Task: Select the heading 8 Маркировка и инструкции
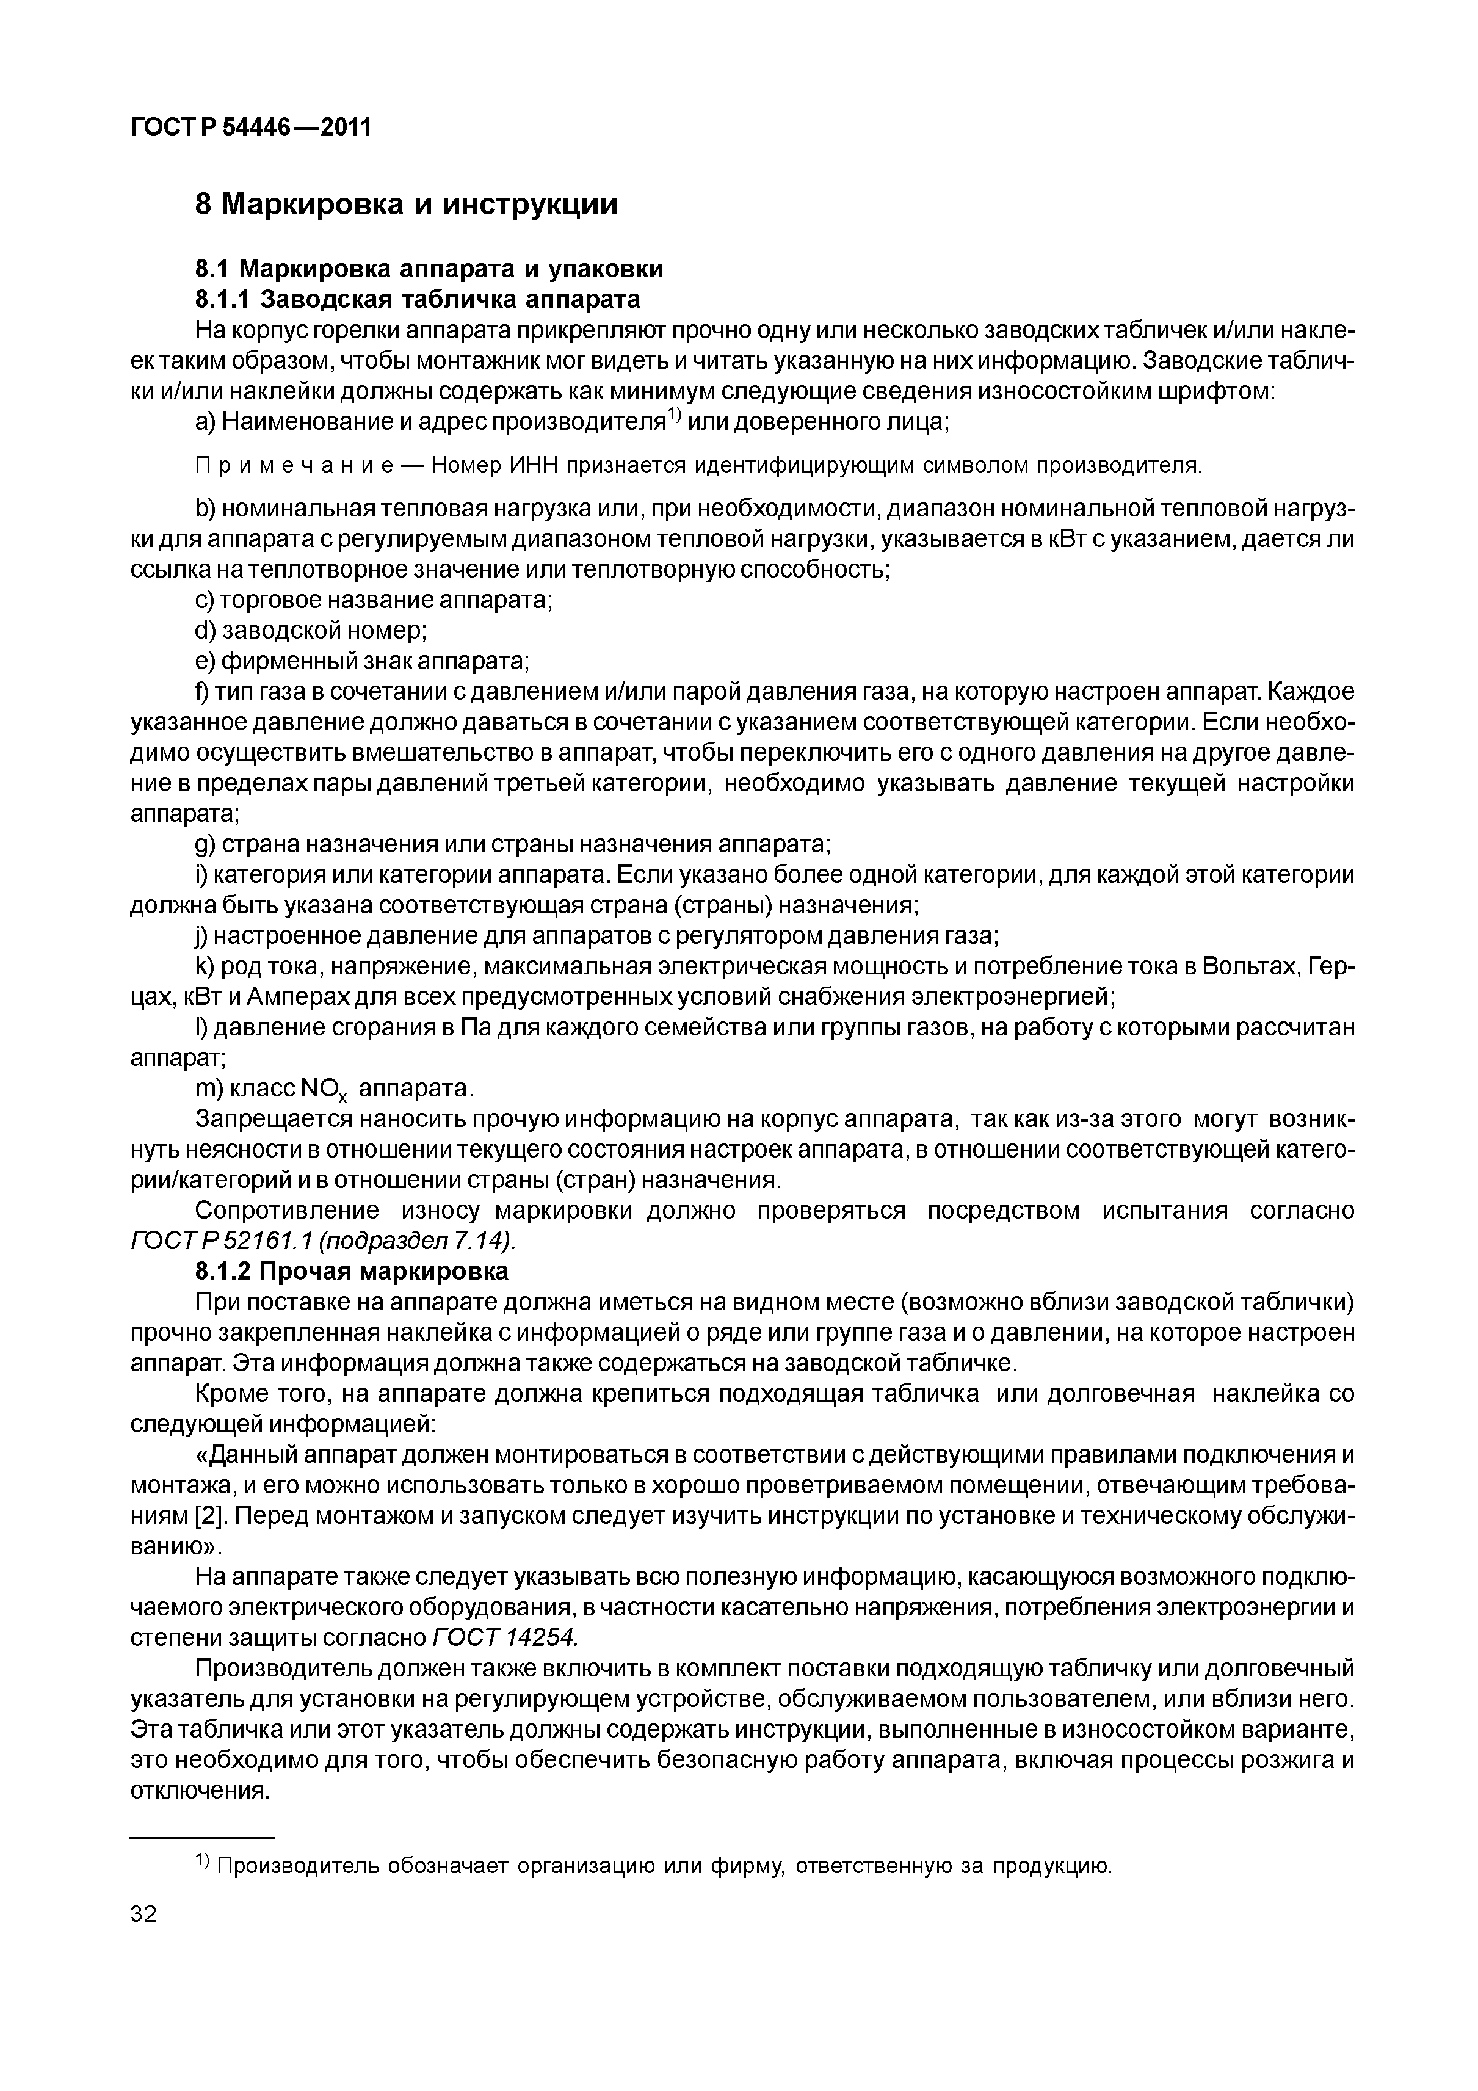click(406, 204)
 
